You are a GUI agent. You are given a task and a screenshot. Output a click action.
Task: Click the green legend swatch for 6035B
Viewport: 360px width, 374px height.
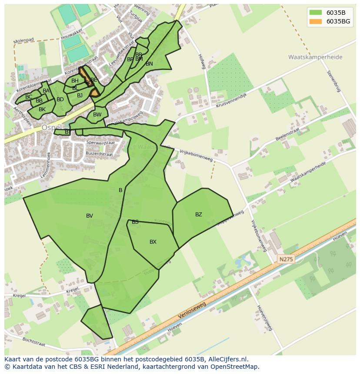[x=316, y=12]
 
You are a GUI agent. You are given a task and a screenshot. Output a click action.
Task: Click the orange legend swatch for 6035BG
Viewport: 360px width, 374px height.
[x=316, y=21]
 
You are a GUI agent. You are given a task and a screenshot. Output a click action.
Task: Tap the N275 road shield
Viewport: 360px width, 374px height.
[x=286, y=259]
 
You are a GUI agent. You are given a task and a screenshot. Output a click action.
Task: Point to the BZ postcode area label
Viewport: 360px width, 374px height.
[x=199, y=215]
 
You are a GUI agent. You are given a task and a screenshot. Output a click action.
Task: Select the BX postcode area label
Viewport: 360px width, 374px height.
[x=153, y=242]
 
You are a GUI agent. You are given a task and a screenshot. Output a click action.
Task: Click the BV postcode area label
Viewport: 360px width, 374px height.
[x=90, y=216]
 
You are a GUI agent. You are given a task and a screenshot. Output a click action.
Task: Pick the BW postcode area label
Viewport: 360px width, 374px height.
[x=97, y=115]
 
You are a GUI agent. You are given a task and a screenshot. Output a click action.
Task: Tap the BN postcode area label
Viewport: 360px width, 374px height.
[x=149, y=64]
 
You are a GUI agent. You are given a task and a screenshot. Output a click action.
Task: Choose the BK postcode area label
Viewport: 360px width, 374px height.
[x=42, y=109]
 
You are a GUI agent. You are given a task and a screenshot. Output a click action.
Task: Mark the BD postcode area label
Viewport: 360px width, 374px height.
[x=60, y=99]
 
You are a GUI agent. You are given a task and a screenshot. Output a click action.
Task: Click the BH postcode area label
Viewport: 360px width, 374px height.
[x=75, y=81]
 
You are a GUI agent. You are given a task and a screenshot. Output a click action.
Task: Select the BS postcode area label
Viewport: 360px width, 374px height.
[x=135, y=222]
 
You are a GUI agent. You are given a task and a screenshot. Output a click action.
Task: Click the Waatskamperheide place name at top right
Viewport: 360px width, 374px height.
[x=315, y=57]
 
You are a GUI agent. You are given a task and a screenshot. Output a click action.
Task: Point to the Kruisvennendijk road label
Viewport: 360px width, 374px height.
[x=231, y=101]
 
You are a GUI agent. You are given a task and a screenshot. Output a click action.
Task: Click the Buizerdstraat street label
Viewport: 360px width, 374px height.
[x=100, y=154]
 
